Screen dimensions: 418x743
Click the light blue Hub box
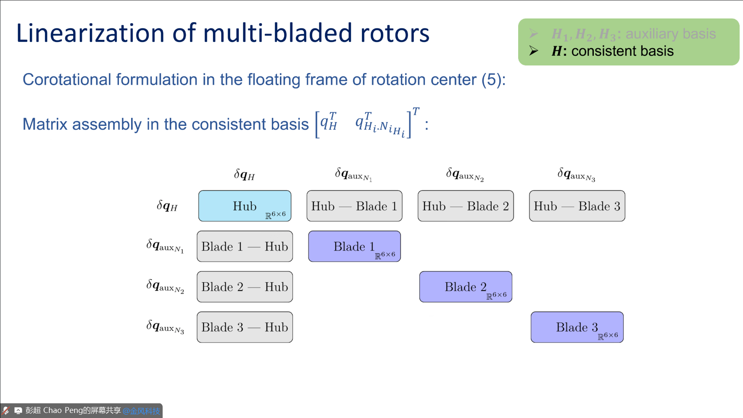point(245,206)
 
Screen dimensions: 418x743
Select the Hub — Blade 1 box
point(354,206)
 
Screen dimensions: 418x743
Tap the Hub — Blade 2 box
point(466,206)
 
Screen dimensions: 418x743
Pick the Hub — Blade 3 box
point(577,206)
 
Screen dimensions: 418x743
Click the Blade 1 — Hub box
point(245,246)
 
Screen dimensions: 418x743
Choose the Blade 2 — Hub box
point(245,287)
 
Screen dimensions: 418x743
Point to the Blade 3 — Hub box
point(245,327)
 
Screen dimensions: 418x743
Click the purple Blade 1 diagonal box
point(354,246)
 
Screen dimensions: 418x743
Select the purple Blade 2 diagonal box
point(466,287)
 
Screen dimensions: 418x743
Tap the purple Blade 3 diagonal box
point(577,327)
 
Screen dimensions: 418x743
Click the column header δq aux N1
point(353,175)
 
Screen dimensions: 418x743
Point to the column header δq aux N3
point(576,175)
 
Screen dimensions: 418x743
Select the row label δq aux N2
point(165,286)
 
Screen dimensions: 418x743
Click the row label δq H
point(167,206)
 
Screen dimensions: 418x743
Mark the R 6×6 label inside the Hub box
point(275,215)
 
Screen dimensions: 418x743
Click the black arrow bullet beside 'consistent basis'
point(534,51)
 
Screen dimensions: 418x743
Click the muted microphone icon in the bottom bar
point(6,410)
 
